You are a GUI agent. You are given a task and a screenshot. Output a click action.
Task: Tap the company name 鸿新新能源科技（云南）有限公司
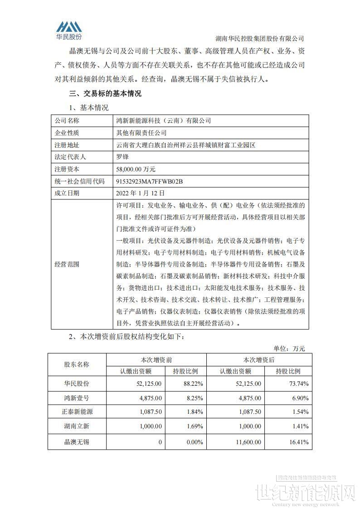pos(164,121)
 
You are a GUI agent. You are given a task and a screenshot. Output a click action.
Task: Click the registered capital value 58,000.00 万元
pos(136,169)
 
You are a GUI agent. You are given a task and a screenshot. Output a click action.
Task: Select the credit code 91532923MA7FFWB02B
pos(150,181)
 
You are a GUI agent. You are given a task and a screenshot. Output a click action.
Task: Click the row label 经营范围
pos(67,264)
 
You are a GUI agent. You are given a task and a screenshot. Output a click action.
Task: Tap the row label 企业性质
pos(67,133)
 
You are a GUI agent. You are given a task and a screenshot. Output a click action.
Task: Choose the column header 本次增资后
pos(258,360)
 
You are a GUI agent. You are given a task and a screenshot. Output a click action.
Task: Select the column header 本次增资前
pos(156,360)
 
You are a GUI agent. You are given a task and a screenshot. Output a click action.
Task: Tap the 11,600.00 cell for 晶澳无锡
pos(246,441)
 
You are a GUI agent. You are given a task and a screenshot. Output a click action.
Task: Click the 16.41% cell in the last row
pos(299,441)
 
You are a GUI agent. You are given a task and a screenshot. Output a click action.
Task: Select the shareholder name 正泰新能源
pos(77,412)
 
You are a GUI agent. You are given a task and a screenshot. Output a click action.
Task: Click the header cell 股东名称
pos(77,365)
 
